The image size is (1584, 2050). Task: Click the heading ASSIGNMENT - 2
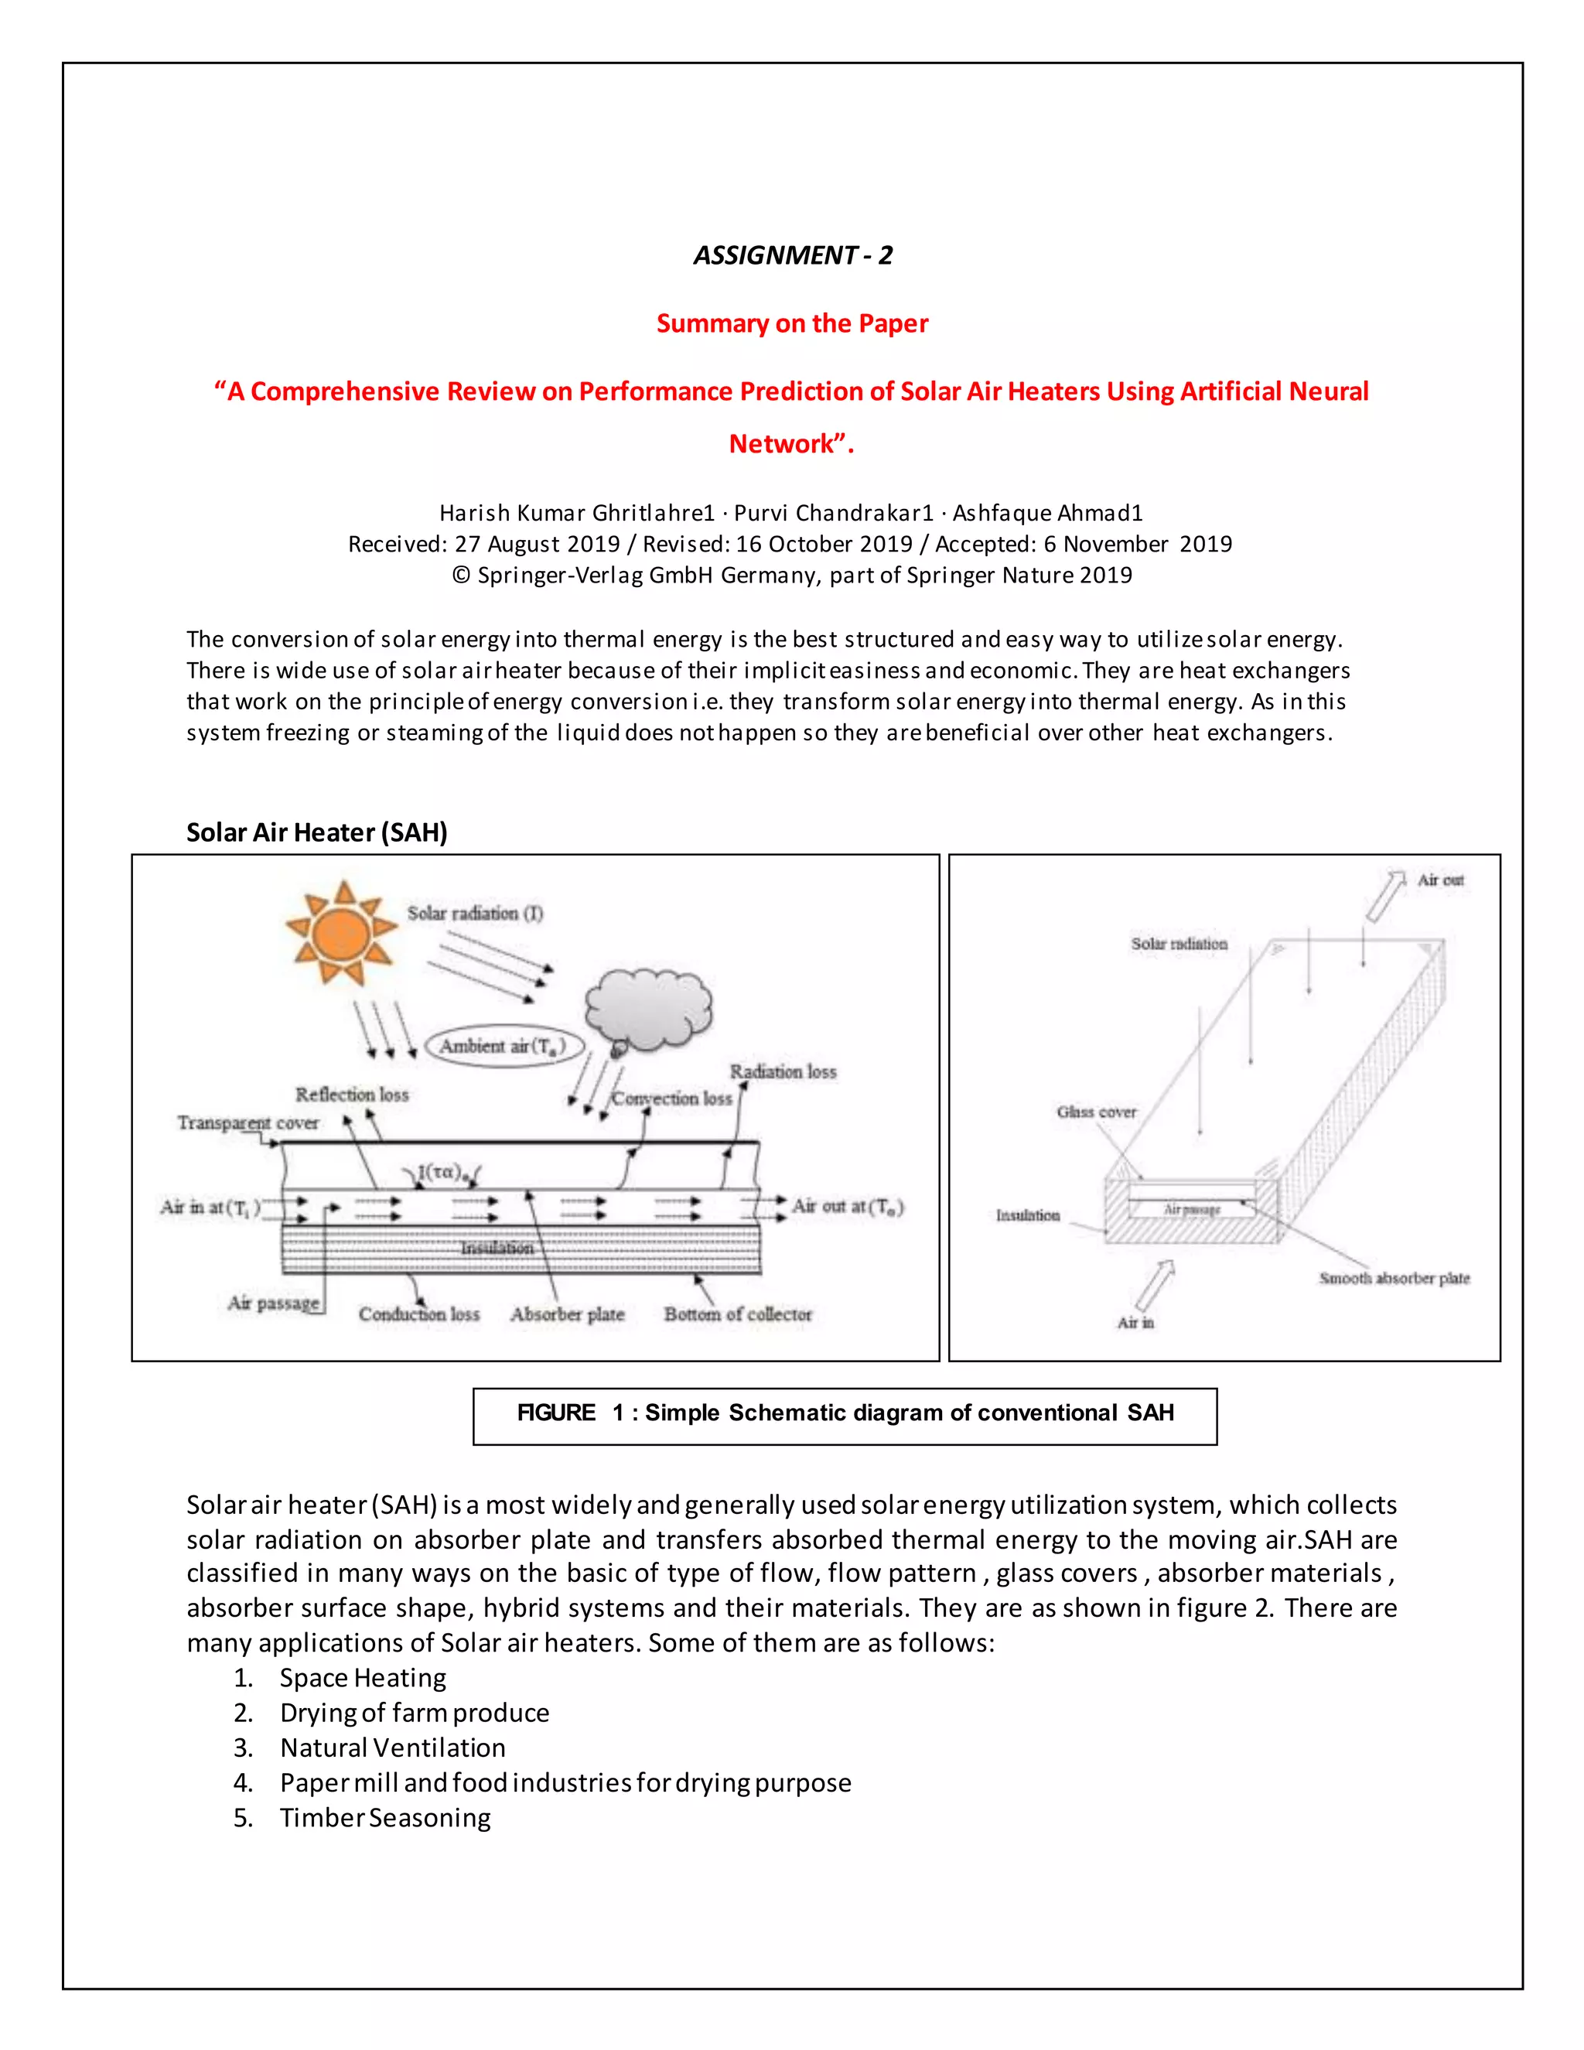[x=792, y=255]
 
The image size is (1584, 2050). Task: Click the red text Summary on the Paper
[x=792, y=324]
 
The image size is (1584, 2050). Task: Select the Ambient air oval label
[x=504, y=1046]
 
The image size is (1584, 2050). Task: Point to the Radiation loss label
[x=783, y=1072]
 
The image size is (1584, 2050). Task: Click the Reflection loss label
[x=352, y=1095]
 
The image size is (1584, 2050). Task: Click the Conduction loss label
[x=418, y=1314]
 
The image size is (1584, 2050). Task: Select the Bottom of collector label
[x=738, y=1314]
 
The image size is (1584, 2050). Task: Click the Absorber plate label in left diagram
[x=567, y=1314]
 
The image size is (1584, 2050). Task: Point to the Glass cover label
[x=1096, y=1112]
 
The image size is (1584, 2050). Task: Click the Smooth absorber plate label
[x=1394, y=1279]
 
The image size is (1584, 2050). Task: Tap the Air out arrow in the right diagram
[x=1384, y=897]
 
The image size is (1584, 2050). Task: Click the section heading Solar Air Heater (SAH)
[x=316, y=832]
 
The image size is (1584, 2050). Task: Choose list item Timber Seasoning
[x=384, y=1818]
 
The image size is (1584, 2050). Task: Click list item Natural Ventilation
[x=392, y=1748]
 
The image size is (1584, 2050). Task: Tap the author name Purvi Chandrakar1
[x=833, y=514]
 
